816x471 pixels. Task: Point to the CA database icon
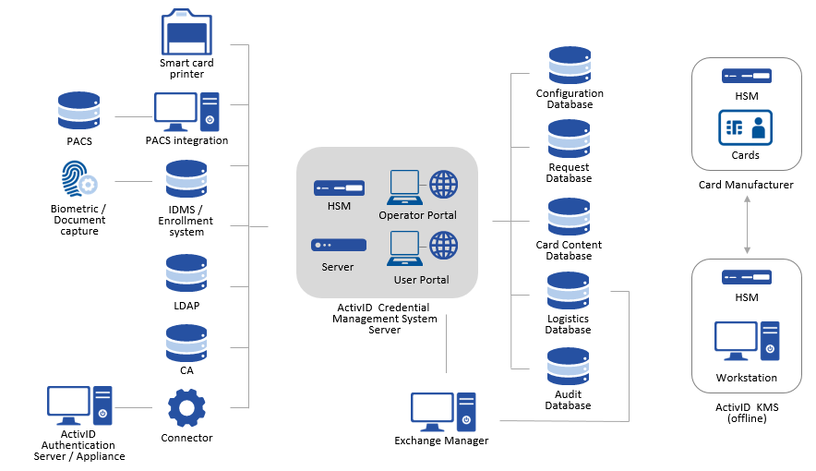click(186, 344)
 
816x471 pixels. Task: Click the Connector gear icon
click(186, 408)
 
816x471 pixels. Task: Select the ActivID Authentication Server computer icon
click(79, 405)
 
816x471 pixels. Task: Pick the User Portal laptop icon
click(404, 249)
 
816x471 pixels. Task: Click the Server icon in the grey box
click(339, 246)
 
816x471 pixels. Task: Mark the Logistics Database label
click(568, 324)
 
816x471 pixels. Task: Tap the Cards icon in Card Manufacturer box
click(746, 128)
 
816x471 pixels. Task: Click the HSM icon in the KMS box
click(746, 278)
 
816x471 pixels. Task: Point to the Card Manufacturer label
click(746, 185)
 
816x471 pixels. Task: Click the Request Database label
click(569, 173)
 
